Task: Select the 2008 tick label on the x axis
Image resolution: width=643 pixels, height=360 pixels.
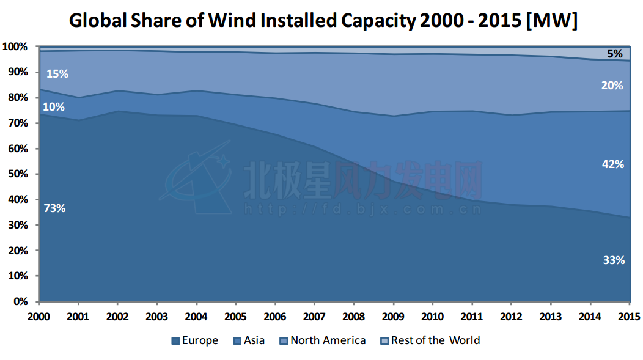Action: [354, 317]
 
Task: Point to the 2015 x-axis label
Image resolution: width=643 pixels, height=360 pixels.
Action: [629, 317]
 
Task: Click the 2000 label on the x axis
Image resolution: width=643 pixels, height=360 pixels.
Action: [39, 317]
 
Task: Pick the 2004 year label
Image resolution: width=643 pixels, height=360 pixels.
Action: [196, 317]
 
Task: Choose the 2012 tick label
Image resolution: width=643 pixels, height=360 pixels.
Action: [511, 317]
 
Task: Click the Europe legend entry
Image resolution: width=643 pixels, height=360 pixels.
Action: [195, 340]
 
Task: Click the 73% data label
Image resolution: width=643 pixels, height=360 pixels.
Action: [55, 208]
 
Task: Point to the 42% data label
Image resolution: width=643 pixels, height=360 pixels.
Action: [613, 164]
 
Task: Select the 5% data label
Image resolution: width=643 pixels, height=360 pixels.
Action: [615, 54]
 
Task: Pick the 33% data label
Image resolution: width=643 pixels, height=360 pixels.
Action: [614, 260]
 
